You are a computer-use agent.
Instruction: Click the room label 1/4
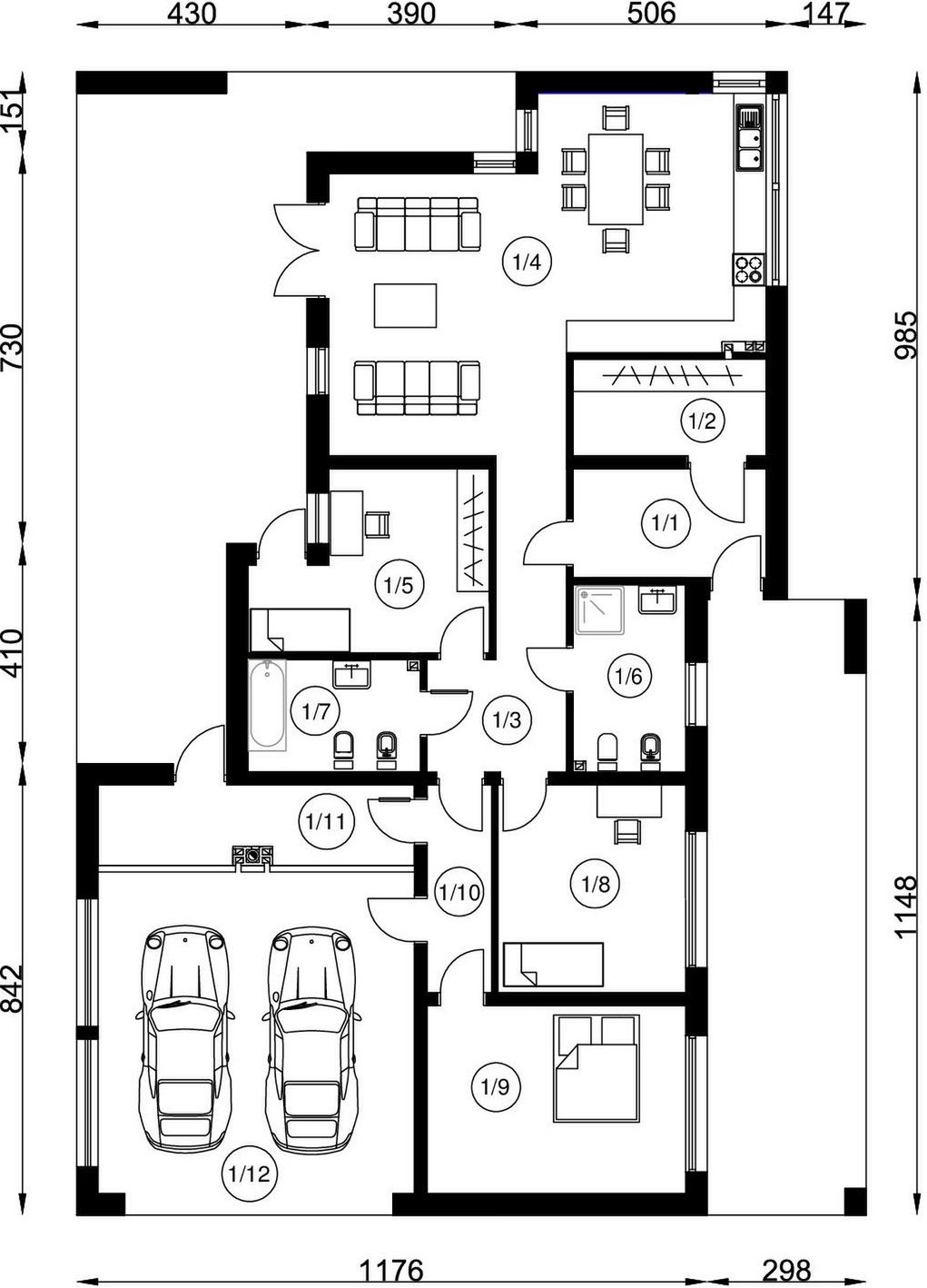click(527, 263)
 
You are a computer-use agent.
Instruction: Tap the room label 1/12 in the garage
click(249, 1173)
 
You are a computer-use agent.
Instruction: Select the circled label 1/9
click(496, 1086)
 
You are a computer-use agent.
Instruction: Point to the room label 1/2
click(703, 421)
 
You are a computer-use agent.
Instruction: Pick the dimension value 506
click(651, 14)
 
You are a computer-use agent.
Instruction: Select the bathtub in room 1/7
click(267, 705)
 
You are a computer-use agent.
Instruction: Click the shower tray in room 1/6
click(599, 609)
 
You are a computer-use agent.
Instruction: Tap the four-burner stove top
click(749, 269)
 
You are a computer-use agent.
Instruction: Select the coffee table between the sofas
click(405, 305)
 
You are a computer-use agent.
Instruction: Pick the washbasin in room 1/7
click(351, 674)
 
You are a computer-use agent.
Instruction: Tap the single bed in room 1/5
click(301, 629)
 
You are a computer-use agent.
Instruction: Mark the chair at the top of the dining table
click(615, 118)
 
